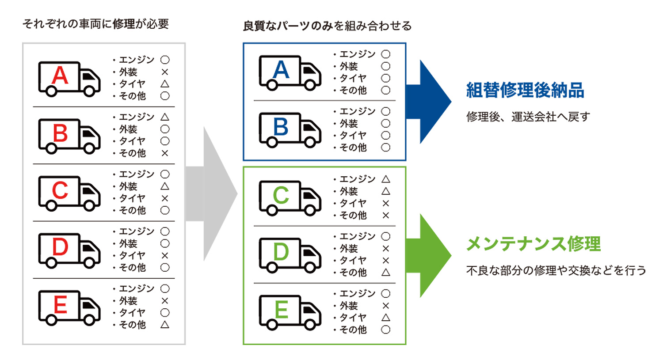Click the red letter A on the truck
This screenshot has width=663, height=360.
coord(60,76)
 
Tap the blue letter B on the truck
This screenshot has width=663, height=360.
coord(281,127)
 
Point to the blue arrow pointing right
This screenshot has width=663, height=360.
coord(428,102)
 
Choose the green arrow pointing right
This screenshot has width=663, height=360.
coord(428,255)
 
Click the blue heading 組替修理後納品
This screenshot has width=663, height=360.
coord(525,90)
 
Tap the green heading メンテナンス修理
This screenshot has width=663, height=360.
coord(533,244)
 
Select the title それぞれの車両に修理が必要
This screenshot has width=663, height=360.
coord(95,24)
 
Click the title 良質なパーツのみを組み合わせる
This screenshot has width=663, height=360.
coord(327,26)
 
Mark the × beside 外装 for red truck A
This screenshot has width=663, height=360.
coord(165,72)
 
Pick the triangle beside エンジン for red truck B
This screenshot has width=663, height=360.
coord(165,117)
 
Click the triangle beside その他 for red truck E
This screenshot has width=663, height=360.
coord(165,325)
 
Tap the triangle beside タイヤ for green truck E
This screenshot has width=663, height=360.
coord(386,318)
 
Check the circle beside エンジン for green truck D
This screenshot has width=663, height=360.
coord(386,236)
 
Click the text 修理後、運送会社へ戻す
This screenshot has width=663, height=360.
coord(528,117)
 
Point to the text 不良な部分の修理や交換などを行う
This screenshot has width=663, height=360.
coord(556,270)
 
